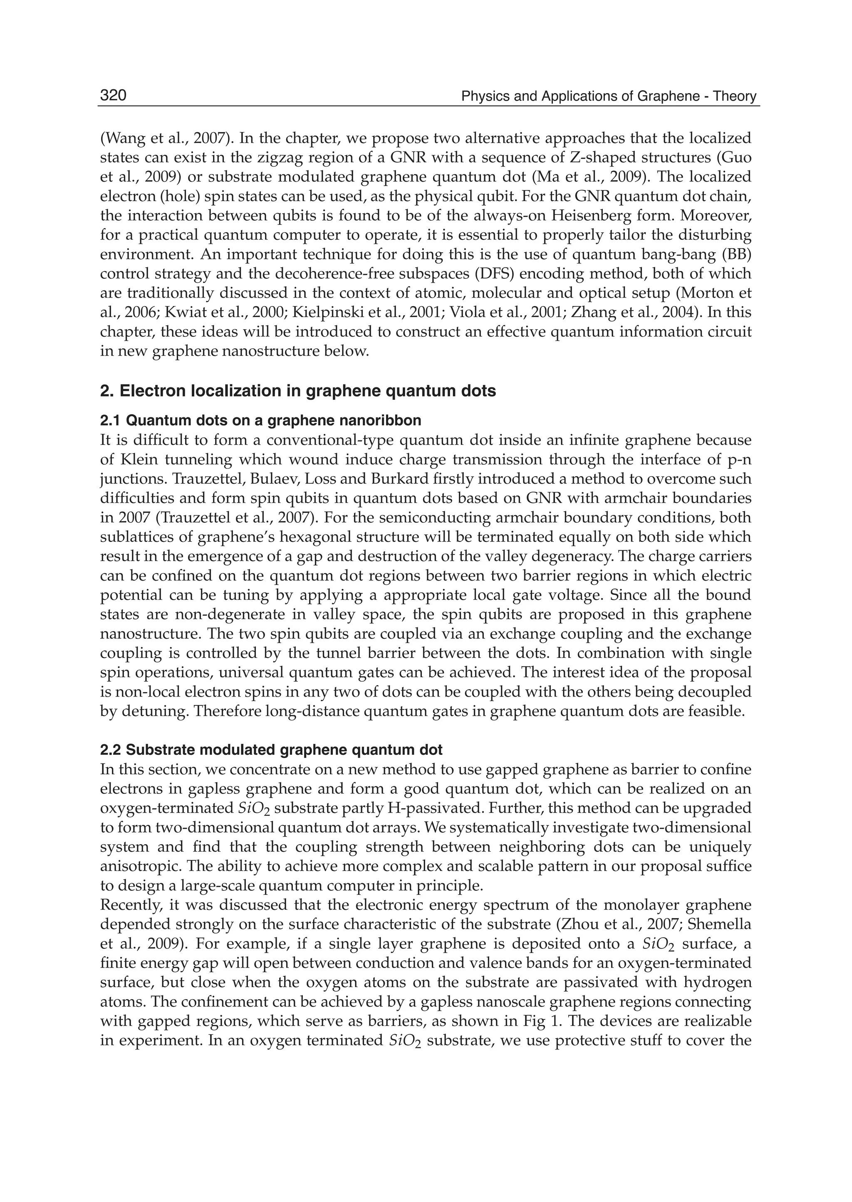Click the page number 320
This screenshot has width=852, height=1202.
113,96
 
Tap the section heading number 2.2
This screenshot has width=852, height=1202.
111,750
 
